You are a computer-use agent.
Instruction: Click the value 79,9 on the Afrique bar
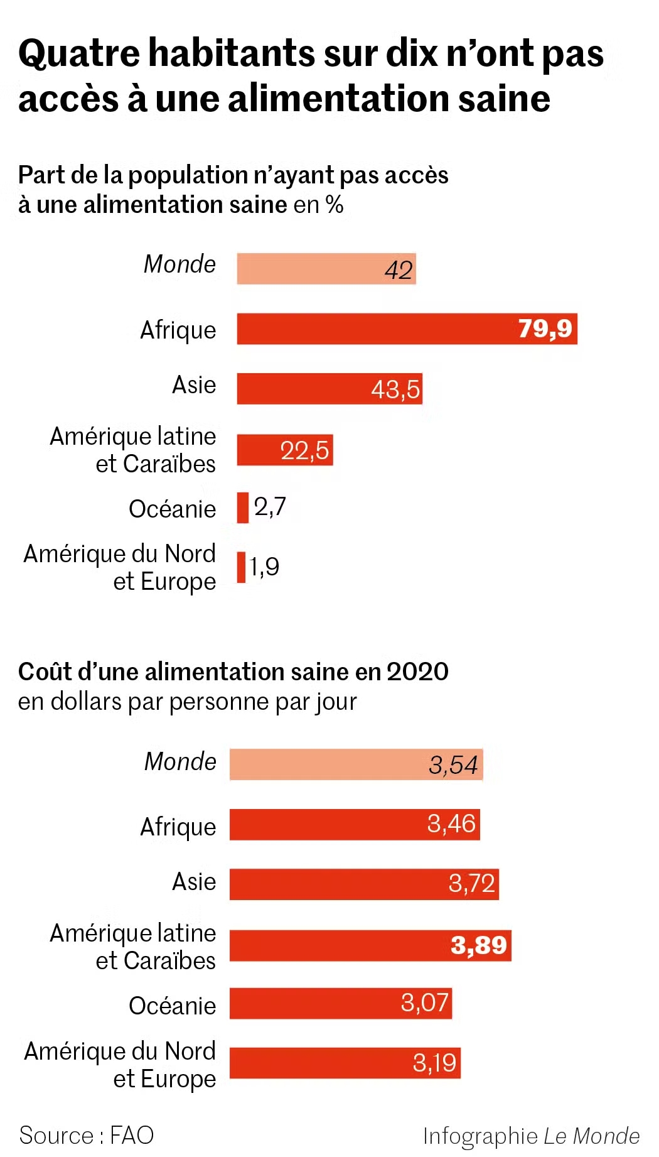tap(545, 329)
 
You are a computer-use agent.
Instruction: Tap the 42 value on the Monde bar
tap(399, 270)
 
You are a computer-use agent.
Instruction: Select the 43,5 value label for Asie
tap(395, 389)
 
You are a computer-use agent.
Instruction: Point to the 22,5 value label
tap(304, 450)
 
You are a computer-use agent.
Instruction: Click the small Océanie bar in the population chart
tap(242, 508)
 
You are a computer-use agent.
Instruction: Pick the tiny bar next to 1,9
tap(241, 567)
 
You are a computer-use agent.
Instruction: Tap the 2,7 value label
tap(270, 506)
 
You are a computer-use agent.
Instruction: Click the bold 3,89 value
tap(479, 945)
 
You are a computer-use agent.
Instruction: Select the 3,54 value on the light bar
tap(453, 765)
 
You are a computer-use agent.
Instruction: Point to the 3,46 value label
tap(451, 823)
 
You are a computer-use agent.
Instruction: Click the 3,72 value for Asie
tap(472, 883)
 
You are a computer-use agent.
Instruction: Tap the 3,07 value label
tap(425, 1002)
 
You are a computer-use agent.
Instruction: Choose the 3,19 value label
tap(434, 1063)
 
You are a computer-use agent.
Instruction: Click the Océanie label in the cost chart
tap(173, 1006)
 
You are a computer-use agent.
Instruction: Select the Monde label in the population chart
tap(179, 264)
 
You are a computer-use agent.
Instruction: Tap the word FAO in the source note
tap(132, 1135)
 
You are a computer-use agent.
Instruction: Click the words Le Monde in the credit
tap(591, 1136)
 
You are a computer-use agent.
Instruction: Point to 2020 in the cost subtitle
tap(417, 671)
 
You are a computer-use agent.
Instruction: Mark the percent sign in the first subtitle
tap(335, 205)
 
